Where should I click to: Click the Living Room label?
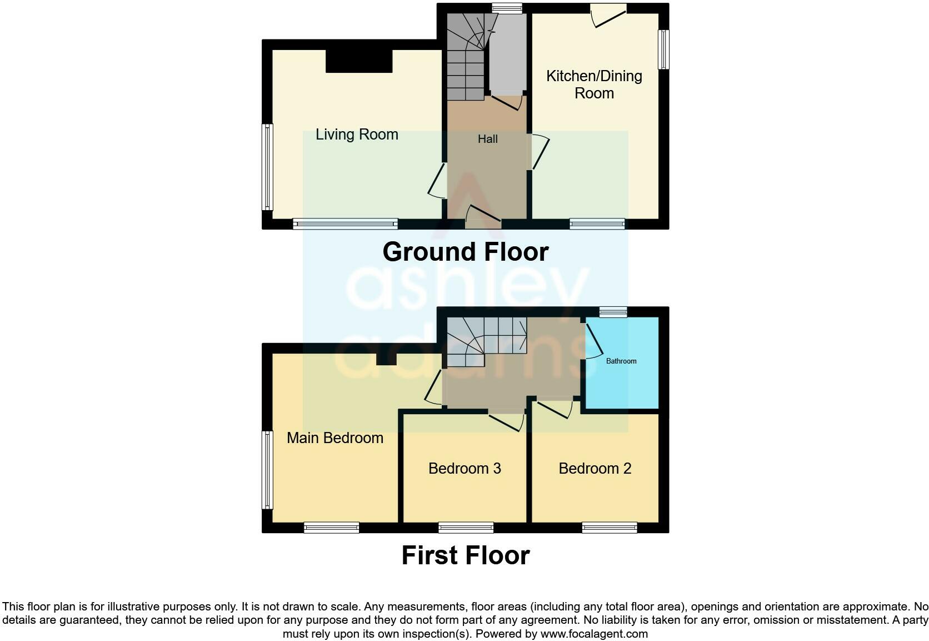(x=357, y=135)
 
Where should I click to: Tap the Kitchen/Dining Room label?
(x=594, y=85)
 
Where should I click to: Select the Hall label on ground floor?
(x=487, y=139)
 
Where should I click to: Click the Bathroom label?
(x=621, y=361)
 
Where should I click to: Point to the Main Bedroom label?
(x=334, y=438)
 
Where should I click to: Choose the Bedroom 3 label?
(x=464, y=469)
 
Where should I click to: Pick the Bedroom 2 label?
(x=595, y=469)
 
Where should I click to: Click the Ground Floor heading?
(x=465, y=252)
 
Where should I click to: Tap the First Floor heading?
(x=465, y=555)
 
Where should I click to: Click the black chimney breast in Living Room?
(x=359, y=61)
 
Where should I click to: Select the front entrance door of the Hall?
(x=483, y=218)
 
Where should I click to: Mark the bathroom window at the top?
(x=613, y=312)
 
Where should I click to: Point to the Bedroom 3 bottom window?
(x=466, y=527)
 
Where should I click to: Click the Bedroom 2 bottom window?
(x=609, y=527)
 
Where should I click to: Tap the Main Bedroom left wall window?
(x=267, y=470)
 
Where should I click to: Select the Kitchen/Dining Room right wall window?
(x=663, y=49)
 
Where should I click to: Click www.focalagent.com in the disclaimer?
(x=593, y=634)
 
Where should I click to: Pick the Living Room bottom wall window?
(x=345, y=224)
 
